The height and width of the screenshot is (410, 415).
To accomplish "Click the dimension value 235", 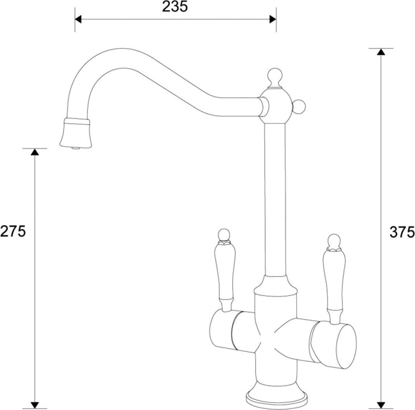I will pos(175,7).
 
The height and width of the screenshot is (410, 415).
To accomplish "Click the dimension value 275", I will pos(13,231).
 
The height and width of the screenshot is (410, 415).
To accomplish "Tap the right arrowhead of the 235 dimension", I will pos(273,19).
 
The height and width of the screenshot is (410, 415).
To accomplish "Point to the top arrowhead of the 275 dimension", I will pos(35,152).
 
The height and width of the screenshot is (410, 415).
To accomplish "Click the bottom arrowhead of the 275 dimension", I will pos(35,405).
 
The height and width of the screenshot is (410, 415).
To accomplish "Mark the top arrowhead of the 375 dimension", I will pos(381,52).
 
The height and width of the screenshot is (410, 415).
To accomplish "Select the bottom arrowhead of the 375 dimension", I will pos(381,405).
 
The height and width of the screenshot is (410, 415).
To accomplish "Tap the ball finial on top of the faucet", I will pos(274,75).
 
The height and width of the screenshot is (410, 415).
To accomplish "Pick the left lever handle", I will pos(226,273).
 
